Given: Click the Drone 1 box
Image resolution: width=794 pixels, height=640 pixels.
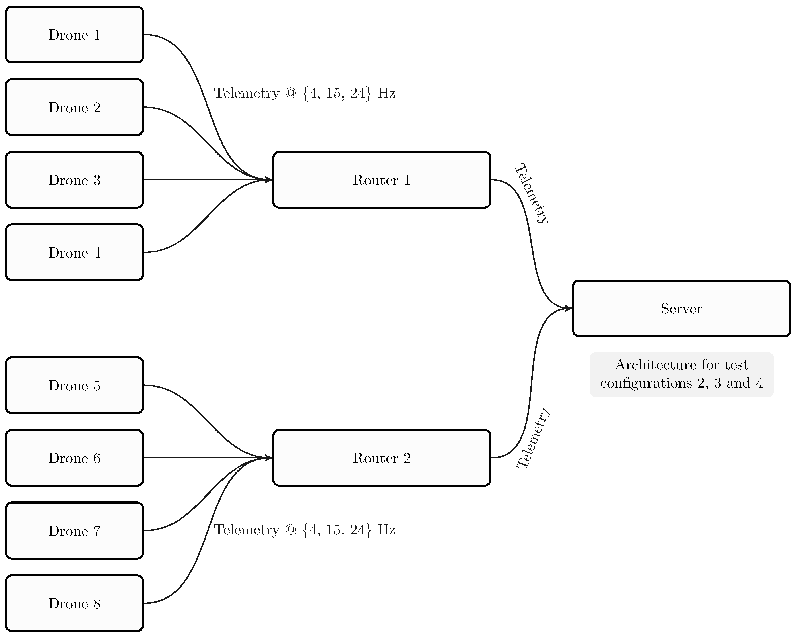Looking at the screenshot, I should click(74, 35).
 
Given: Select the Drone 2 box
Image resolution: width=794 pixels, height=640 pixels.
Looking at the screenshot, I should click(74, 107).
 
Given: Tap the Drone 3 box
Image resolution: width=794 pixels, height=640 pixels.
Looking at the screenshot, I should click(74, 180).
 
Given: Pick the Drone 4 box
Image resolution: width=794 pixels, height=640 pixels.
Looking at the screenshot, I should click(74, 252).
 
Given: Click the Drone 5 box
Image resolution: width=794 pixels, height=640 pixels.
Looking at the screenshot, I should click(74, 385).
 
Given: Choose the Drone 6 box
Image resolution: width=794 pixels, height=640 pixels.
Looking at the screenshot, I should click(74, 458).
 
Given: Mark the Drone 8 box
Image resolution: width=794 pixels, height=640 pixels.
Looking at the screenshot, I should click(74, 603).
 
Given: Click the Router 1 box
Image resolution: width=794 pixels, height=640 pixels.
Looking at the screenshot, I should click(382, 180).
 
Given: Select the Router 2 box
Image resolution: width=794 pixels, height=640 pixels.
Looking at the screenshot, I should click(382, 458).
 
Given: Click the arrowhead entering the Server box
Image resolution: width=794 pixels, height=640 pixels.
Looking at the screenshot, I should click(569, 308).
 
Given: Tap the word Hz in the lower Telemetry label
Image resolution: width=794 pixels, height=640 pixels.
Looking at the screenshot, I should click(386, 530).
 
